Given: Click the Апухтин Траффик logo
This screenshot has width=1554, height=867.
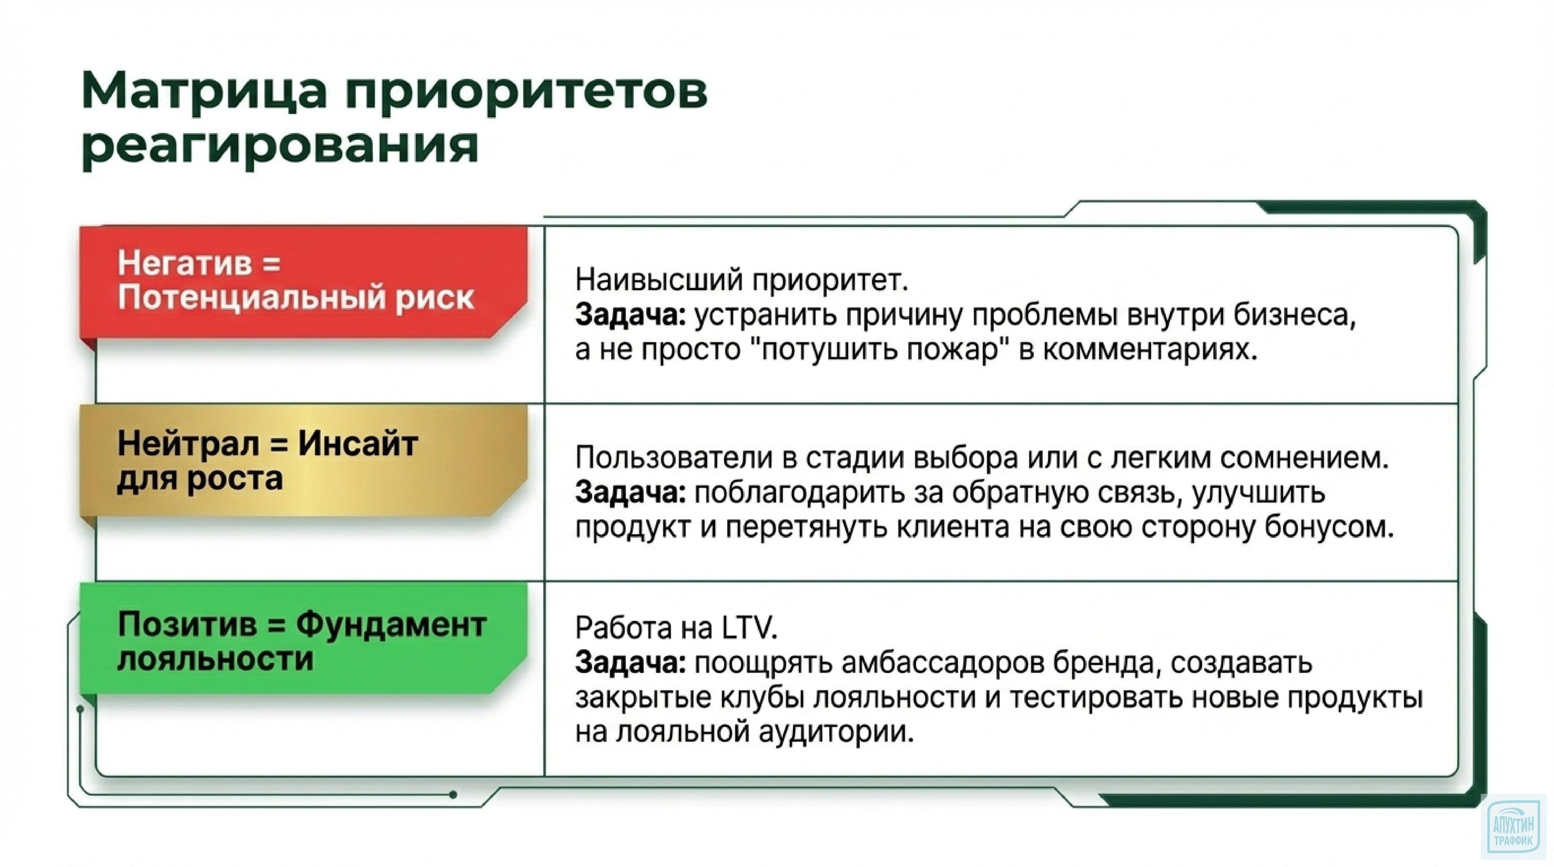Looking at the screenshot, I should [1515, 834].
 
